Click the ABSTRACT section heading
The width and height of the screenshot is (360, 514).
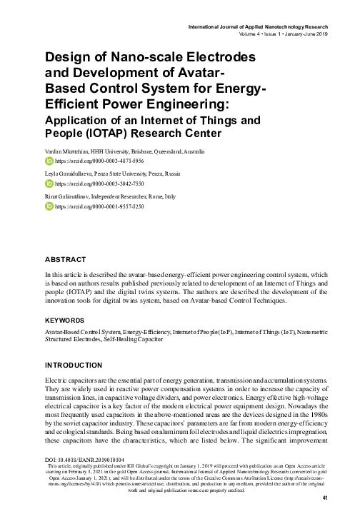[x=65, y=261]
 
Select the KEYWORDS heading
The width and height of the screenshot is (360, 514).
[x=65, y=321]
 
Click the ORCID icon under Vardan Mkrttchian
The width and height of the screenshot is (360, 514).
[x=49, y=162]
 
